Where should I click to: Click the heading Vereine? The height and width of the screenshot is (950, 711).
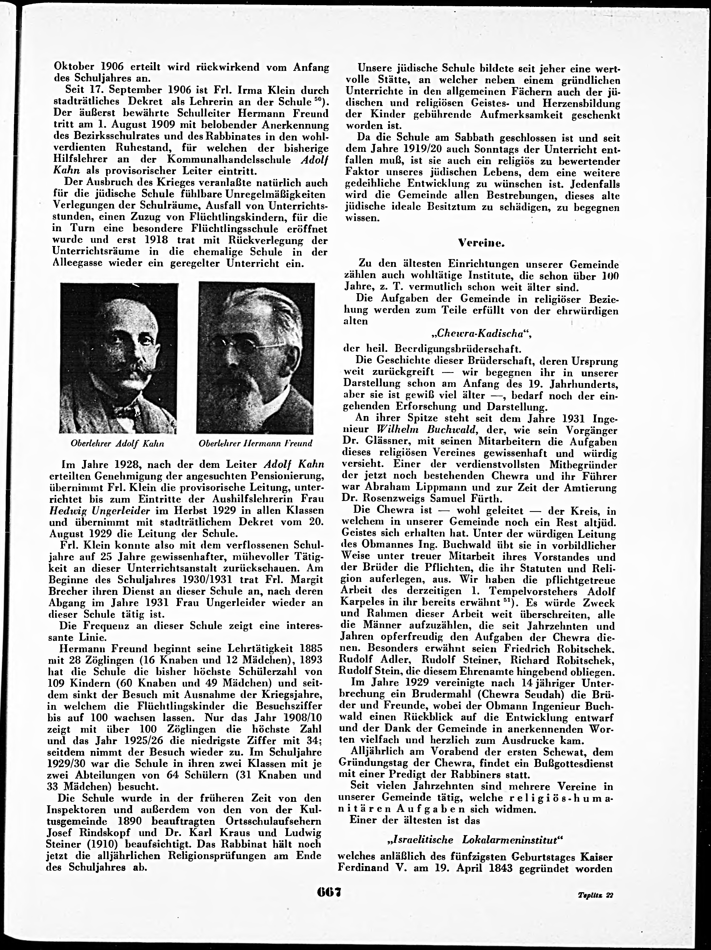tap(481, 243)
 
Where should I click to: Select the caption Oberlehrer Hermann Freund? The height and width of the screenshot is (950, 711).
tap(256, 444)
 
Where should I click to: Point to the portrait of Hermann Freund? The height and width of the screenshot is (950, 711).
tap(256, 358)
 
